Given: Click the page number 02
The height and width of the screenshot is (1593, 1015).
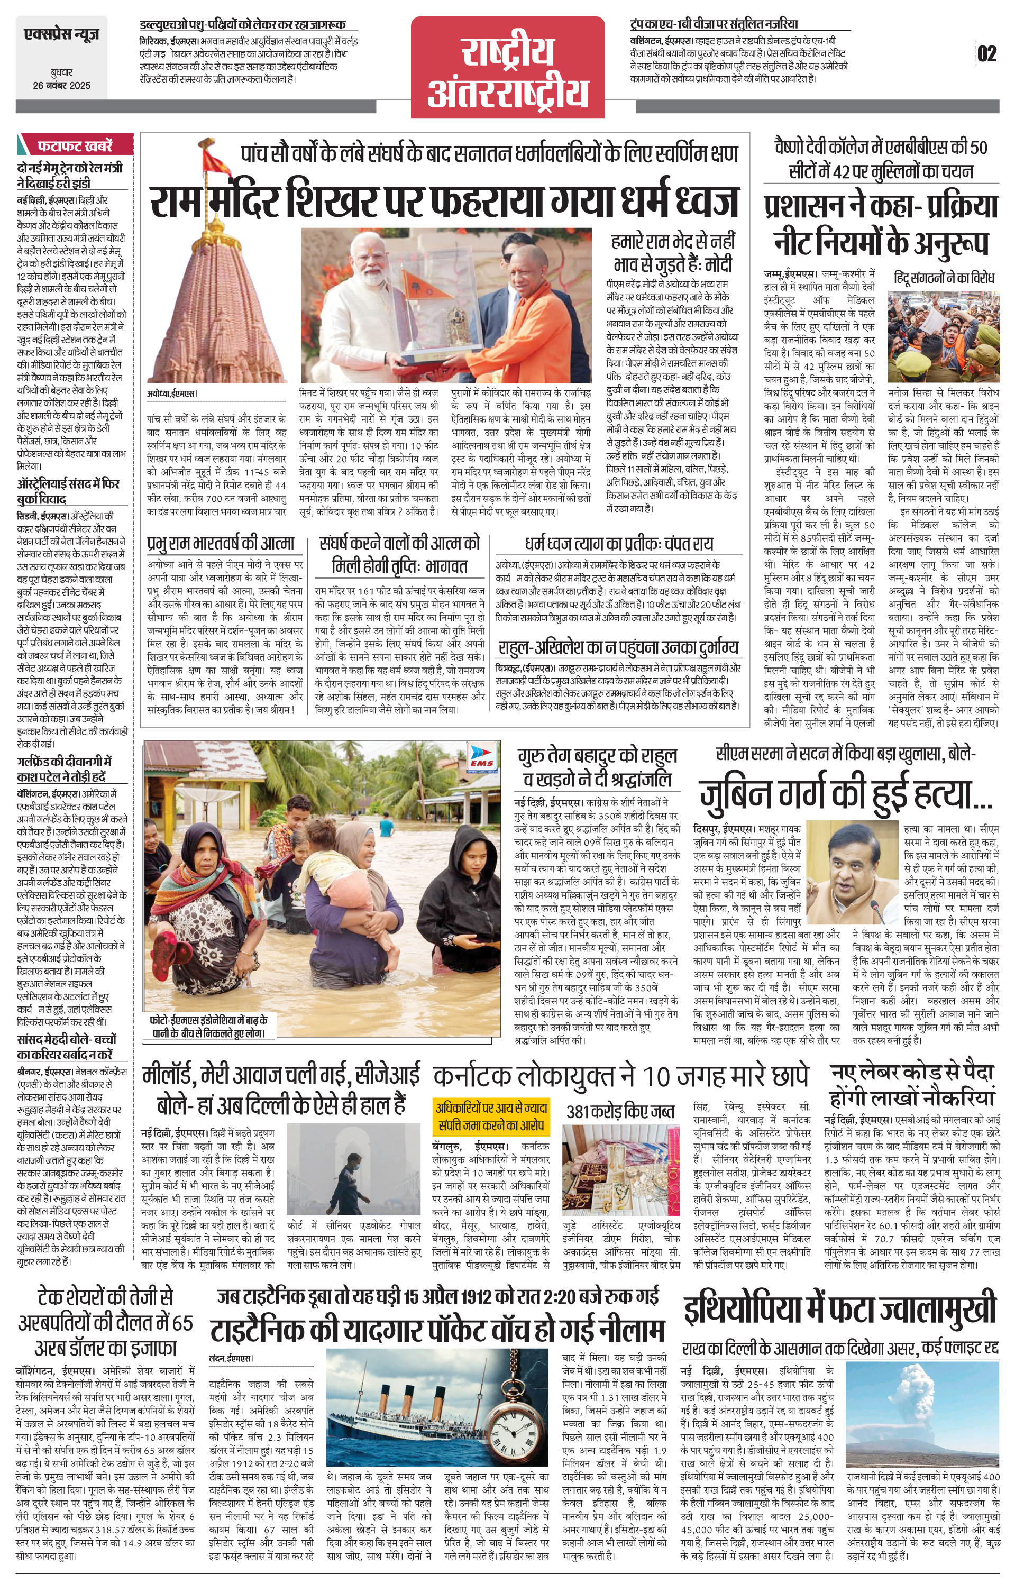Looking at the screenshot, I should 986,53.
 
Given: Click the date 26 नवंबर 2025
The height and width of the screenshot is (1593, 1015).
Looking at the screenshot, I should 61,85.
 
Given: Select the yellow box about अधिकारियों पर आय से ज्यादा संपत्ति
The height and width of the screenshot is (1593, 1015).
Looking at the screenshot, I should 490,1118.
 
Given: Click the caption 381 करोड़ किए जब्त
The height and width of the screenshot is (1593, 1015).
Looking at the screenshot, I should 620,1111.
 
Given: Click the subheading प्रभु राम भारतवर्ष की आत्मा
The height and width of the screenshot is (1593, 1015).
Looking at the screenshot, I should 221,544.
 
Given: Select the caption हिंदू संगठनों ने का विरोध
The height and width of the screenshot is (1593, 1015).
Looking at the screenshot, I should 943,279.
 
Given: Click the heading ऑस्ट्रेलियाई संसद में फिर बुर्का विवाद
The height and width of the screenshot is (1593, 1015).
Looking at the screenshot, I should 68,491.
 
